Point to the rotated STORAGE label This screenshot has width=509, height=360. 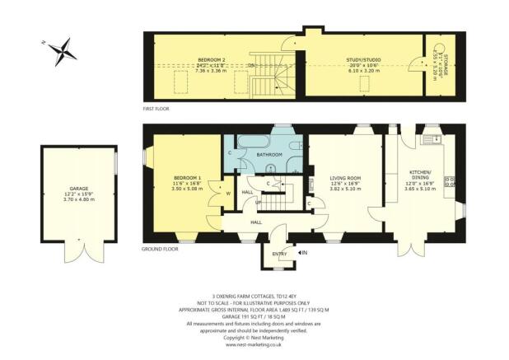coord(442,62)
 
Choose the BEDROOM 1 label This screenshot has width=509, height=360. coord(186,180)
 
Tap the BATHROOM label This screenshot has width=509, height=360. coord(269,154)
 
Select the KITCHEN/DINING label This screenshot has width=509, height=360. coord(421,175)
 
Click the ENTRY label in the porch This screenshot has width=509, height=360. coord(280,253)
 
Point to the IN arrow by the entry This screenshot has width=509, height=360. coord(302,252)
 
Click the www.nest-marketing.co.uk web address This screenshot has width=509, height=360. coord(254,344)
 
